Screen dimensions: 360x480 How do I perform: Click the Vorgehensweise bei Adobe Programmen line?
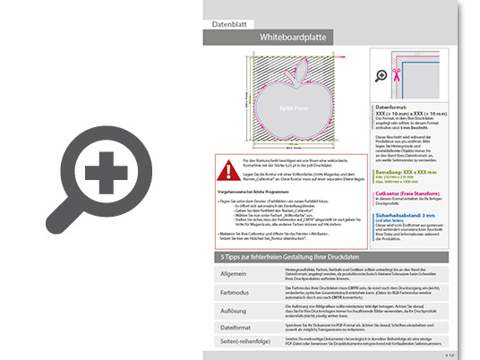coord(255,193)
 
